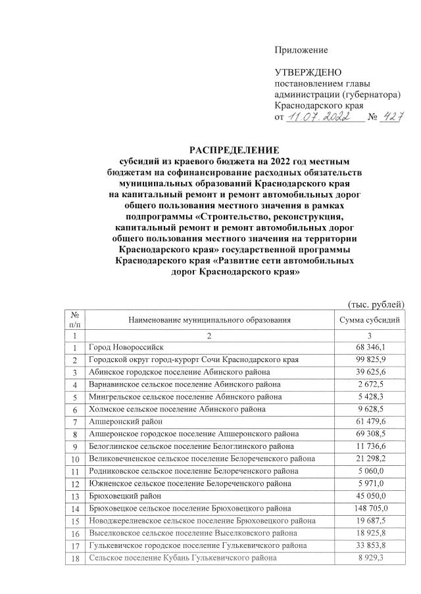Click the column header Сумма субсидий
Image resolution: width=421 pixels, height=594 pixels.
click(x=368, y=320)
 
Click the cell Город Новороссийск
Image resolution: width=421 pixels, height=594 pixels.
click(x=126, y=346)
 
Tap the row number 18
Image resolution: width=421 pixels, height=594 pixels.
click(x=76, y=558)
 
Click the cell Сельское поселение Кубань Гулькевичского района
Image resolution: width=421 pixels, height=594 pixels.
click(x=182, y=558)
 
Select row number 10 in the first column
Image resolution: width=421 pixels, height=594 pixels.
click(x=76, y=459)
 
